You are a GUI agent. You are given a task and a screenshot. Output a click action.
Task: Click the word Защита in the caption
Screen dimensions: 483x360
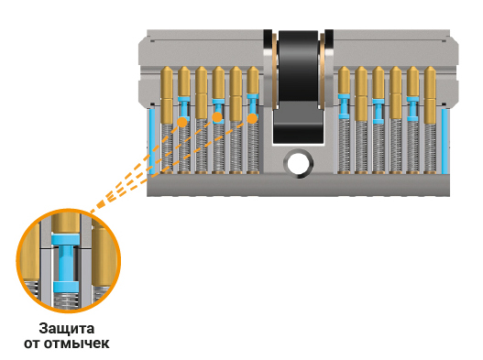[67, 329]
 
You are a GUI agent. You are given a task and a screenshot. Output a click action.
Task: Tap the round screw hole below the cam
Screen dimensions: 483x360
[299, 163]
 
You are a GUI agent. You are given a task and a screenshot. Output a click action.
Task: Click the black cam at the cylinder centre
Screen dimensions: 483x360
[298, 86]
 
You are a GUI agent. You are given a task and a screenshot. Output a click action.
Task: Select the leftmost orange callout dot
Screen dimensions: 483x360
[182, 122]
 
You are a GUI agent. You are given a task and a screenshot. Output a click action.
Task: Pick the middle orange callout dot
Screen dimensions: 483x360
[217, 117]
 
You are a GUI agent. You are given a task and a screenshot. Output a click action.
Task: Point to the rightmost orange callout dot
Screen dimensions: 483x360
[252, 118]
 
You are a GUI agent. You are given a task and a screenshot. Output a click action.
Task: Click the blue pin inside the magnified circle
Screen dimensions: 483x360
[65, 263]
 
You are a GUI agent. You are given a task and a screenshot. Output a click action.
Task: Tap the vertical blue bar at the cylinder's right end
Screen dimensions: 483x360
[445, 141]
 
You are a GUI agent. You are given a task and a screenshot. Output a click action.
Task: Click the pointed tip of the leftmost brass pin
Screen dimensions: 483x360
[167, 67]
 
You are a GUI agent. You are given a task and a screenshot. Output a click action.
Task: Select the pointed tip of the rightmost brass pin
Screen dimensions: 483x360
[430, 67]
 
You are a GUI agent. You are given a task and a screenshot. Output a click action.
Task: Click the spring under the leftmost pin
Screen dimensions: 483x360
[167, 147]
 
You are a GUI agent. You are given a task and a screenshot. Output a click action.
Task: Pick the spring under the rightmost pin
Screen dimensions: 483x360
[431, 147]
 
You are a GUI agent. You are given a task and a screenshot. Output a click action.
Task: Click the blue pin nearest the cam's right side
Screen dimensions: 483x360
[344, 106]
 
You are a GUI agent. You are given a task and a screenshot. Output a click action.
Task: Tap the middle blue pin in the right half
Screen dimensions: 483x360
[379, 111]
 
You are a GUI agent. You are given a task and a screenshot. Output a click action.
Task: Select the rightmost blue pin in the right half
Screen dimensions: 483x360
[412, 109]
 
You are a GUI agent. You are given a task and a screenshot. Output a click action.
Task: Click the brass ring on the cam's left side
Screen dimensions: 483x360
[274, 71]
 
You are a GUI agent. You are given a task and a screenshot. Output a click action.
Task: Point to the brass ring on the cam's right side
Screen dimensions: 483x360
[322, 71]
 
